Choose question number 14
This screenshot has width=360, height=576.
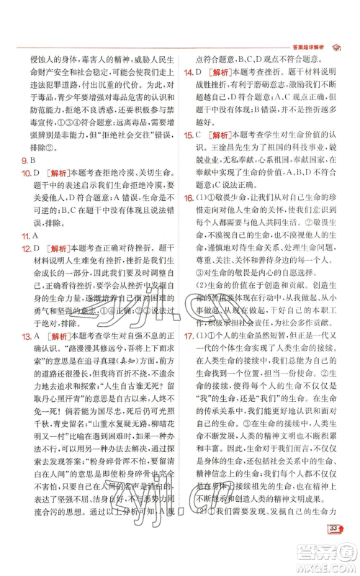tap(188, 73)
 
